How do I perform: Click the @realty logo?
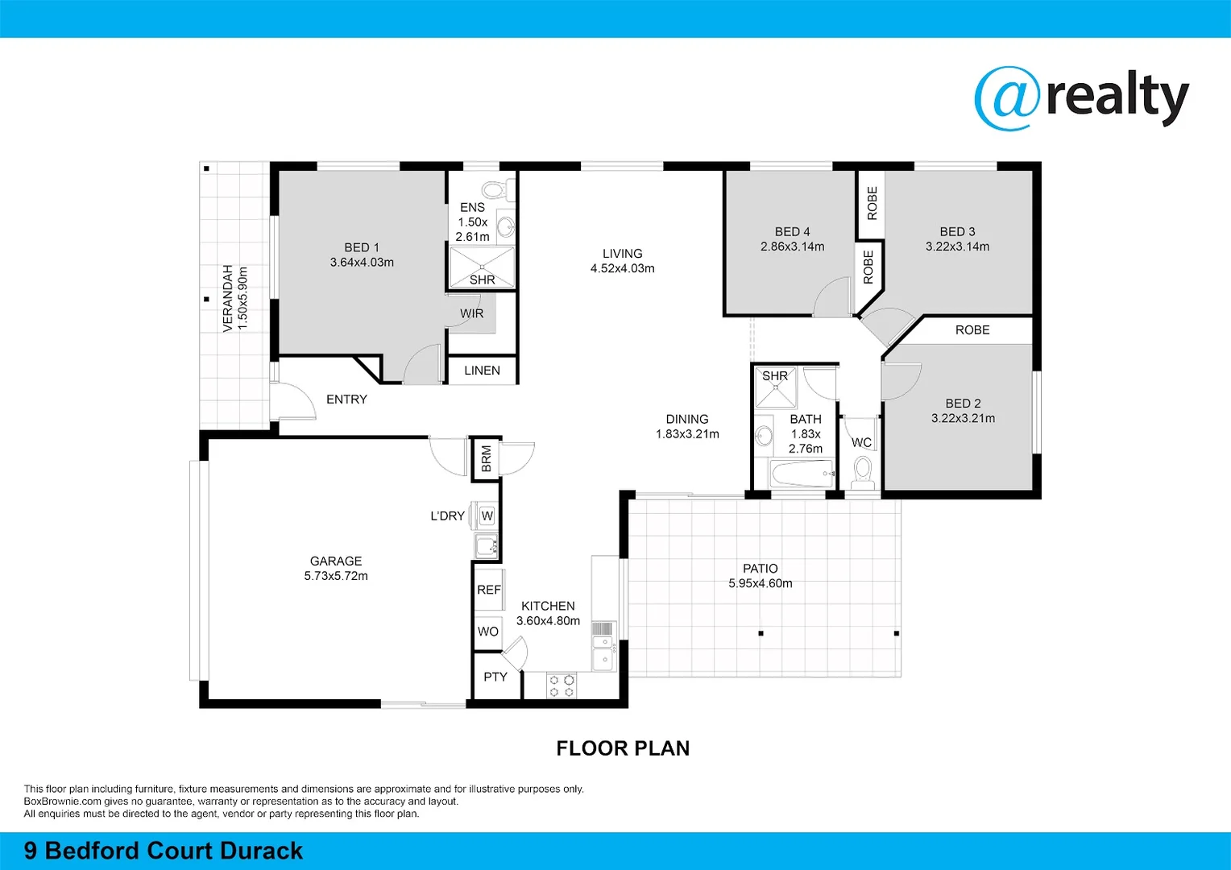pyautogui.click(x=1081, y=98)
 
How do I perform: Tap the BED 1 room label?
pyautogui.click(x=362, y=247)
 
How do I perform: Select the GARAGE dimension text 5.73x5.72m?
pyautogui.click(x=336, y=576)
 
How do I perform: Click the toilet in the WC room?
pyautogui.click(x=863, y=472)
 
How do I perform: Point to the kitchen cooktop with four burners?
pyautogui.click(x=562, y=686)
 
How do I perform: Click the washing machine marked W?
pyautogui.click(x=487, y=516)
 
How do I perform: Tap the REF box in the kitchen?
pyautogui.click(x=488, y=590)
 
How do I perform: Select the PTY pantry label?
pyautogui.click(x=495, y=677)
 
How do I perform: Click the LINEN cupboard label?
pyautogui.click(x=482, y=371)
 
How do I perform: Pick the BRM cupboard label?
pyautogui.click(x=487, y=458)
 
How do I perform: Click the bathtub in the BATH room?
pyautogui.click(x=802, y=474)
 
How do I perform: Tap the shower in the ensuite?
pyautogui.click(x=482, y=267)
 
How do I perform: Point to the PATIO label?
pyautogui.click(x=761, y=568)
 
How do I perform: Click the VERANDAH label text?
pyautogui.click(x=228, y=298)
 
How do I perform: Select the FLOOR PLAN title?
pyautogui.click(x=623, y=748)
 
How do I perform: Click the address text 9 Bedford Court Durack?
pyautogui.click(x=164, y=851)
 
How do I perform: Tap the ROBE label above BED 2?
pyautogui.click(x=972, y=330)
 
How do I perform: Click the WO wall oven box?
pyautogui.click(x=488, y=632)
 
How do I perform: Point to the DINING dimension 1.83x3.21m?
pyautogui.click(x=687, y=434)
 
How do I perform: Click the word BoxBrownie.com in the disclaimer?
pyautogui.click(x=63, y=802)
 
